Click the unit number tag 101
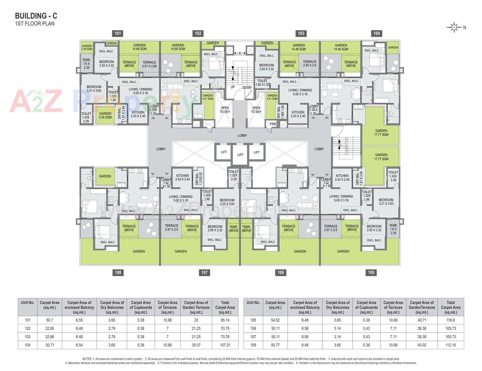[118, 34]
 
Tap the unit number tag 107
[204, 272]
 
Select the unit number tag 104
[377, 34]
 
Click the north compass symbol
[454, 27]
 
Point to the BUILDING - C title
[36, 16]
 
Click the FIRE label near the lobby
[273, 124]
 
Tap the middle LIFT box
[240, 154]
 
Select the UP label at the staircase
[233, 87]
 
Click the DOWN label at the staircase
[247, 87]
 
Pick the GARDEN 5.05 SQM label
[105, 115]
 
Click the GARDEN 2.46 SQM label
[87, 47]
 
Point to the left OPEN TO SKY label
[225, 110]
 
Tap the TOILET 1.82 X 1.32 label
[262, 82]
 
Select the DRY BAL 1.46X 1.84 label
[281, 112]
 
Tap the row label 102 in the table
[27, 328]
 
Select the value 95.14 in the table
[225, 320]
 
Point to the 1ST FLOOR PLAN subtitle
[35, 24]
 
